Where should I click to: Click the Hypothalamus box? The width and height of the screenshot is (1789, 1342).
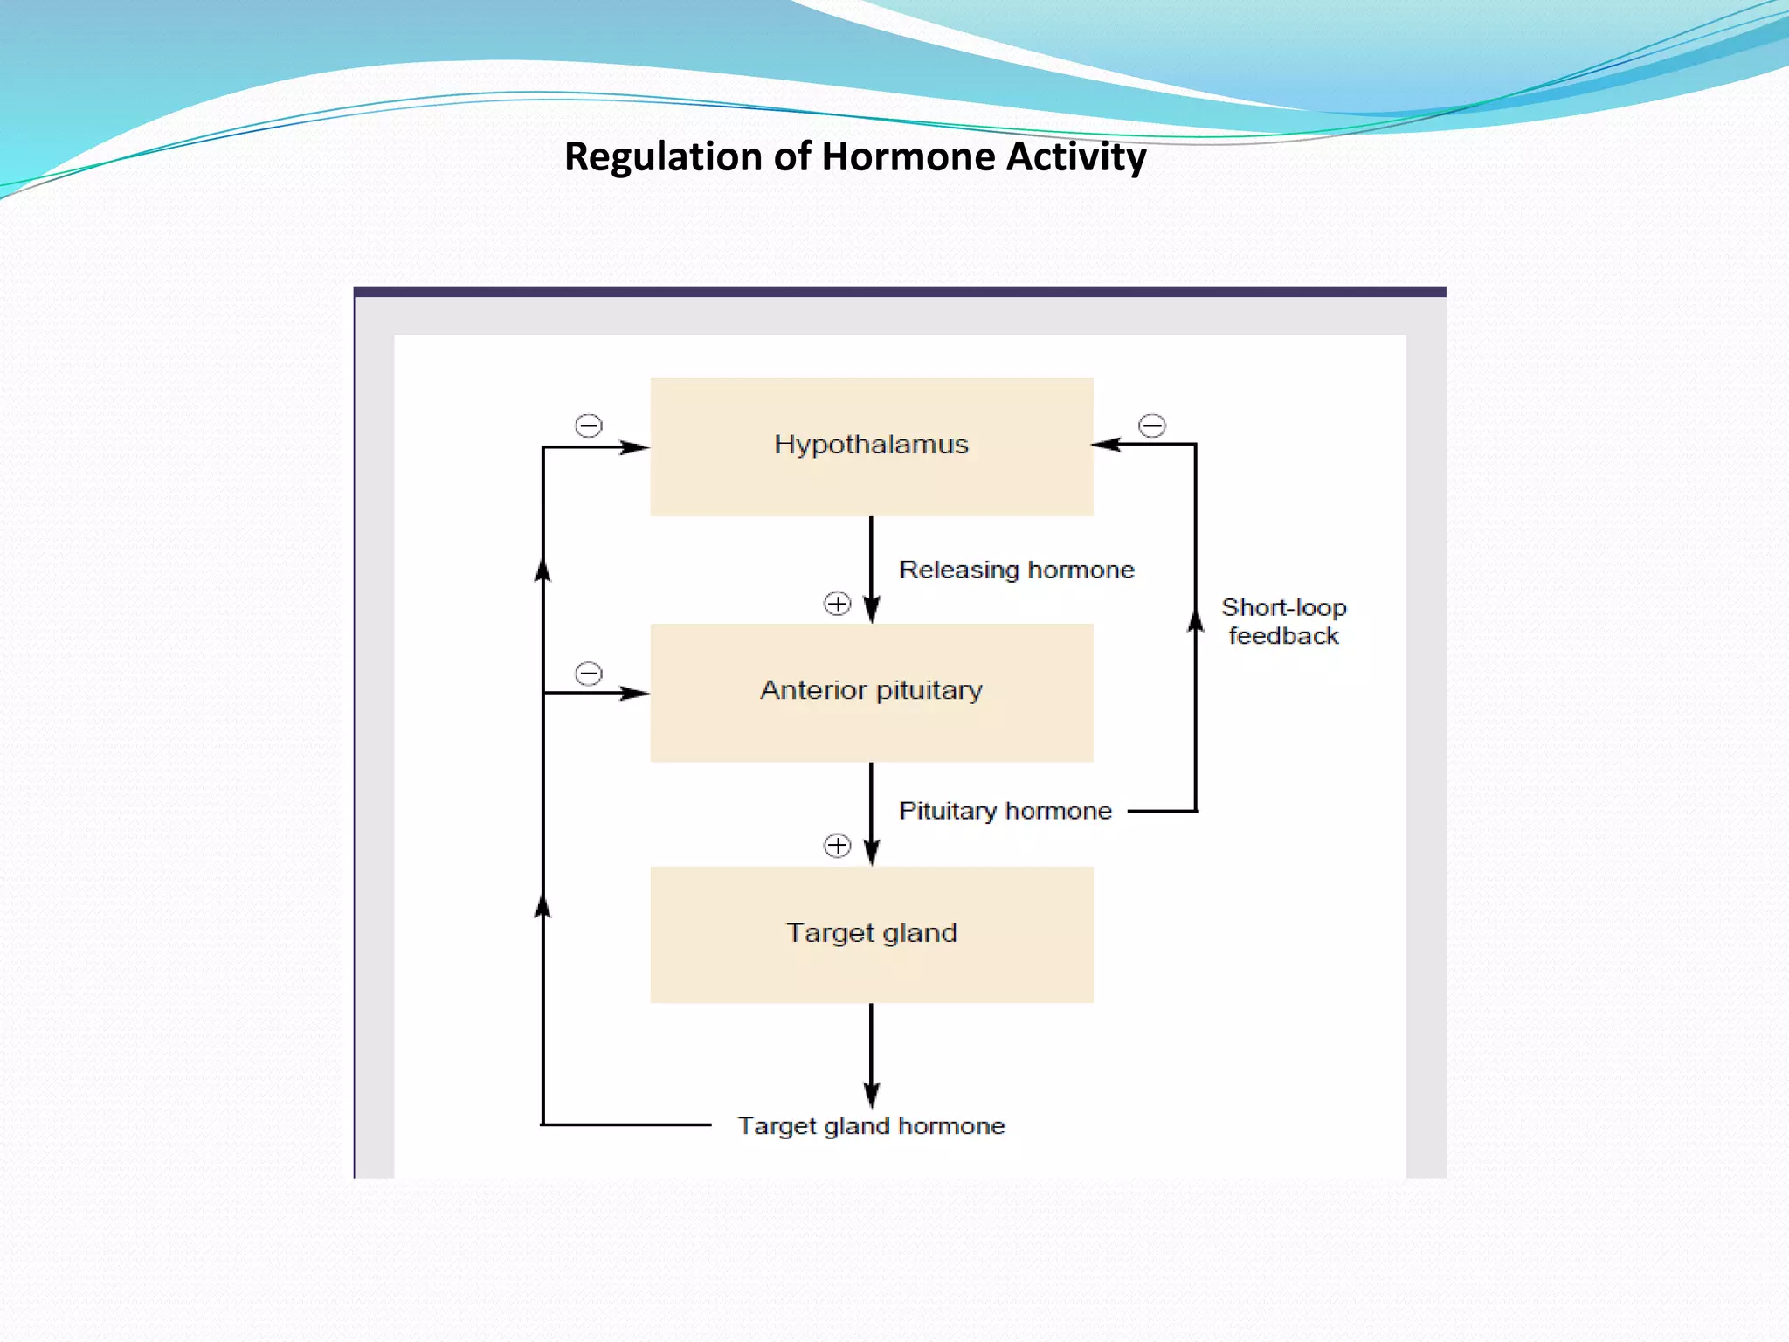871,446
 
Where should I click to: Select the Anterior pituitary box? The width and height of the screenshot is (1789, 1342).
871,692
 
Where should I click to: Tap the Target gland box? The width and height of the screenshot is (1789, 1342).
871,934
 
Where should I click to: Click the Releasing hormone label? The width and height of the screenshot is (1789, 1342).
1016,570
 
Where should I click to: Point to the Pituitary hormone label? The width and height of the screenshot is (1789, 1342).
1005,811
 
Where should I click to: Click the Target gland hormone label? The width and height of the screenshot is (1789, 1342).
871,1125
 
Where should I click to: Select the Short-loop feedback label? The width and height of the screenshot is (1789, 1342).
1283,621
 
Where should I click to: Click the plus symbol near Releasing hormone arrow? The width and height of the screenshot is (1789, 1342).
837,604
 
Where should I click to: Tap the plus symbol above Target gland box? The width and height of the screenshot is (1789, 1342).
837,845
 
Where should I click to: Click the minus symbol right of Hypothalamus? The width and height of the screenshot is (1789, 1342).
1151,425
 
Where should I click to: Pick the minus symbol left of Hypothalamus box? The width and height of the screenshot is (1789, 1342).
589,425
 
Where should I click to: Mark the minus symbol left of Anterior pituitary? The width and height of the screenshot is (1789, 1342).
589,674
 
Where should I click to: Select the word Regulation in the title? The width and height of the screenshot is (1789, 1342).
663,157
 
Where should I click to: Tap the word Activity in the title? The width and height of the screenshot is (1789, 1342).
1075,157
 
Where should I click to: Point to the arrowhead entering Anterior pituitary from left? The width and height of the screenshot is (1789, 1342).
635,693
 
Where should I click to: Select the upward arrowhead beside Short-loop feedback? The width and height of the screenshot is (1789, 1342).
1195,619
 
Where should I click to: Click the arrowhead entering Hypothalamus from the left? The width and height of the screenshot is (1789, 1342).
635,447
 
